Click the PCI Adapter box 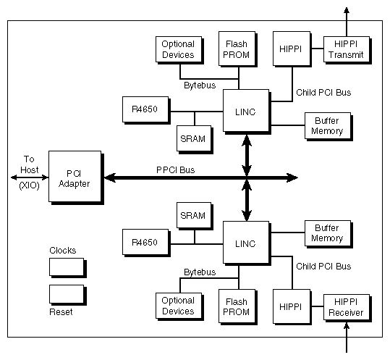point(74,178)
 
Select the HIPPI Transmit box point(345,49)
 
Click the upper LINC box point(245,111)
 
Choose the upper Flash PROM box point(237,49)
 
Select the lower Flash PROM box point(237,306)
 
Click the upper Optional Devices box point(178,49)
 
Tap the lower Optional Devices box point(178,306)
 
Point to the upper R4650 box point(145,109)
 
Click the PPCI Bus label point(175,169)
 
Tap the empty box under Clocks point(67,267)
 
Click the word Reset point(61,312)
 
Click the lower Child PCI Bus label point(323,267)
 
